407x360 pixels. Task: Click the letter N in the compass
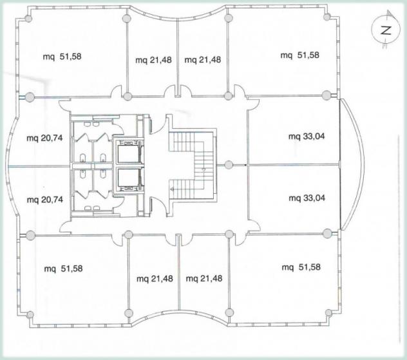[x=386, y=31]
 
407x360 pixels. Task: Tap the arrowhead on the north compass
[x=389, y=14]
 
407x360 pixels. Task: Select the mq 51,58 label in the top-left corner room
[x=62, y=56]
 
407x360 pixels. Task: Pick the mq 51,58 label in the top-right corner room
[x=300, y=55]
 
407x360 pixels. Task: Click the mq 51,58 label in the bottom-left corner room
[x=63, y=269]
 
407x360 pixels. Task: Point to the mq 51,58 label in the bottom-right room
[x=301, y=267]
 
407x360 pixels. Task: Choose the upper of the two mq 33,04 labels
[x=307, y=137]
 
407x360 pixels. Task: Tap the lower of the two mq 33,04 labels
[x=307, y=198]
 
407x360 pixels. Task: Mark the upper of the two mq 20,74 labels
[x=44, y=138]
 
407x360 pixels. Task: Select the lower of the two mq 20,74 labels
[x=45, y=200]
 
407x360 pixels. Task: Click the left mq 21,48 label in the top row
[x=153, y=60]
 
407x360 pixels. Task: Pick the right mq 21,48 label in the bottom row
[x=204, y=278]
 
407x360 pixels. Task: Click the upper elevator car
[x=128, y=154]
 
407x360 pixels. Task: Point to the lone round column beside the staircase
[x=229, y=165]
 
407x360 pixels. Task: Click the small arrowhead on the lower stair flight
[x=171, y=190]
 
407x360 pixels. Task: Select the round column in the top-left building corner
[x=28, y=19]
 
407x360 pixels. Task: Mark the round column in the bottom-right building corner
[x=328, y=312]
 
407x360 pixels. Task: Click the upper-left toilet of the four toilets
[x=82, y=158]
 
